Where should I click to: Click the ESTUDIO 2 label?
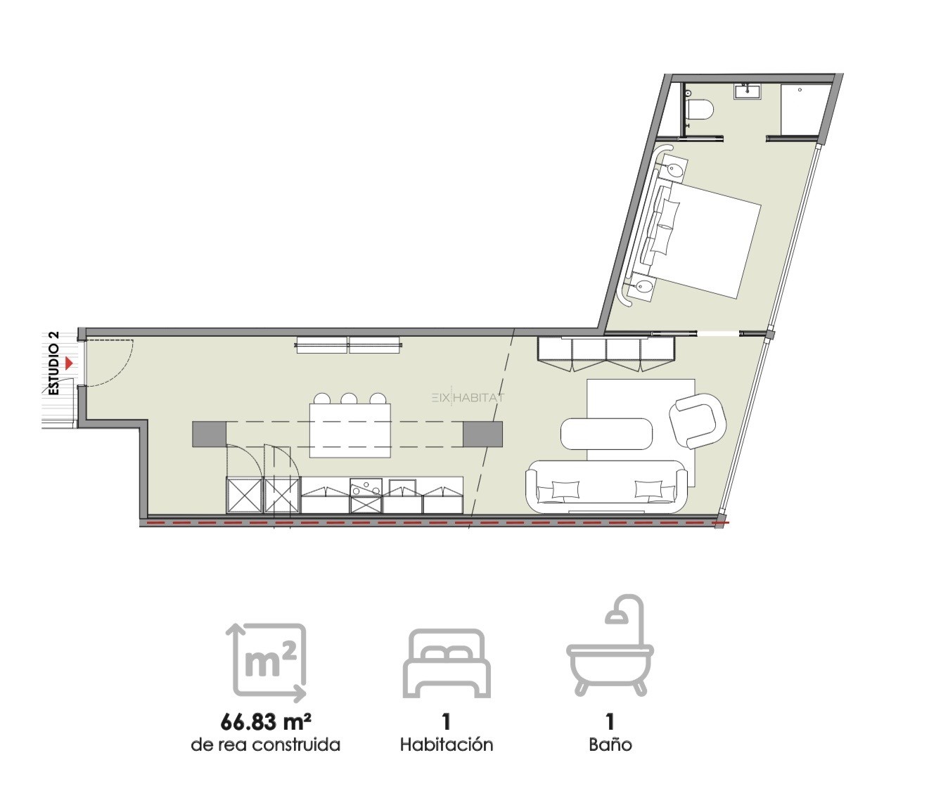[x=54, y=363]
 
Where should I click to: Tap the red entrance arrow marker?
[x=69, y=363]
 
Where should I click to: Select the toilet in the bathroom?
[x=699, y=109]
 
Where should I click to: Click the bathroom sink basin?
[x=748, y=92]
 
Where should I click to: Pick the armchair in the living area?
[x=698, y=421]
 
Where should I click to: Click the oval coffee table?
[x=607, y=433]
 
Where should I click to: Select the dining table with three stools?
[x=350, y=430]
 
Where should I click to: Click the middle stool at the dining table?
[x=349, y=399]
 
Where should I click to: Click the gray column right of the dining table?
[x=482, y=434]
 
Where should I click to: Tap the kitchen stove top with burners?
[x=366, y=488]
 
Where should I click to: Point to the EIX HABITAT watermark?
[x=468, y=397]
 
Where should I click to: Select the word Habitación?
[x=447, y=745]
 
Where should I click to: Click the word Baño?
[x=610, y=745]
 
